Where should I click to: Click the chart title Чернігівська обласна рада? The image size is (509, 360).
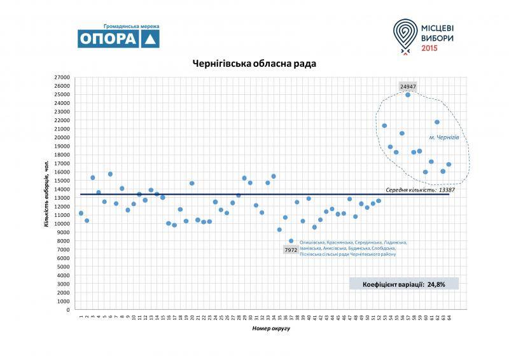(x=254, y=64)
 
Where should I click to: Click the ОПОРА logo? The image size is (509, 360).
(x=118, y=38)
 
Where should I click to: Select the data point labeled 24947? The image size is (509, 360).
(x=408, y=95)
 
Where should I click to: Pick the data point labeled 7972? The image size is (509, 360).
(x=291, y=241)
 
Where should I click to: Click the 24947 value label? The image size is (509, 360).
(x=408, y=85)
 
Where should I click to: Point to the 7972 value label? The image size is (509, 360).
(x=290, y=250)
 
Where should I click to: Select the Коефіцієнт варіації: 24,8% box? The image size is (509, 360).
(x=404, y=284)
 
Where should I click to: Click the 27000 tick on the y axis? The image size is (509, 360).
(x=62, y=77)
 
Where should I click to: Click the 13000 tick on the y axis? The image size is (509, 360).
(x=62, y=198)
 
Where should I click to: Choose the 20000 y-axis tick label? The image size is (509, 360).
(x=62, y=137)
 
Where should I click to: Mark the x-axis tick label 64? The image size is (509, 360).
(x=449, y=316)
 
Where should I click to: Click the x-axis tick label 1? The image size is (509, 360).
(x=81, y=316)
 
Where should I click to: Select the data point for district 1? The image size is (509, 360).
(x=81, y=213)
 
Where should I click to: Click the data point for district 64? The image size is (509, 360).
(x=449, y=164)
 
